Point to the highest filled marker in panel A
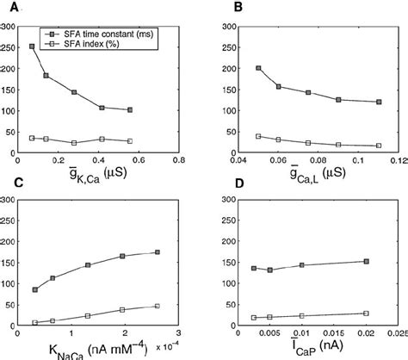33,47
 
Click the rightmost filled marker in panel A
130,110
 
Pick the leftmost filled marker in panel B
259,68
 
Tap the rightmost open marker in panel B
379,146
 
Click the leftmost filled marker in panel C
35,290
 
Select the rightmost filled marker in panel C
156,252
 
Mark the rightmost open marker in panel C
156,306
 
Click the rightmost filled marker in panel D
367,261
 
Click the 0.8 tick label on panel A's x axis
178,160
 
